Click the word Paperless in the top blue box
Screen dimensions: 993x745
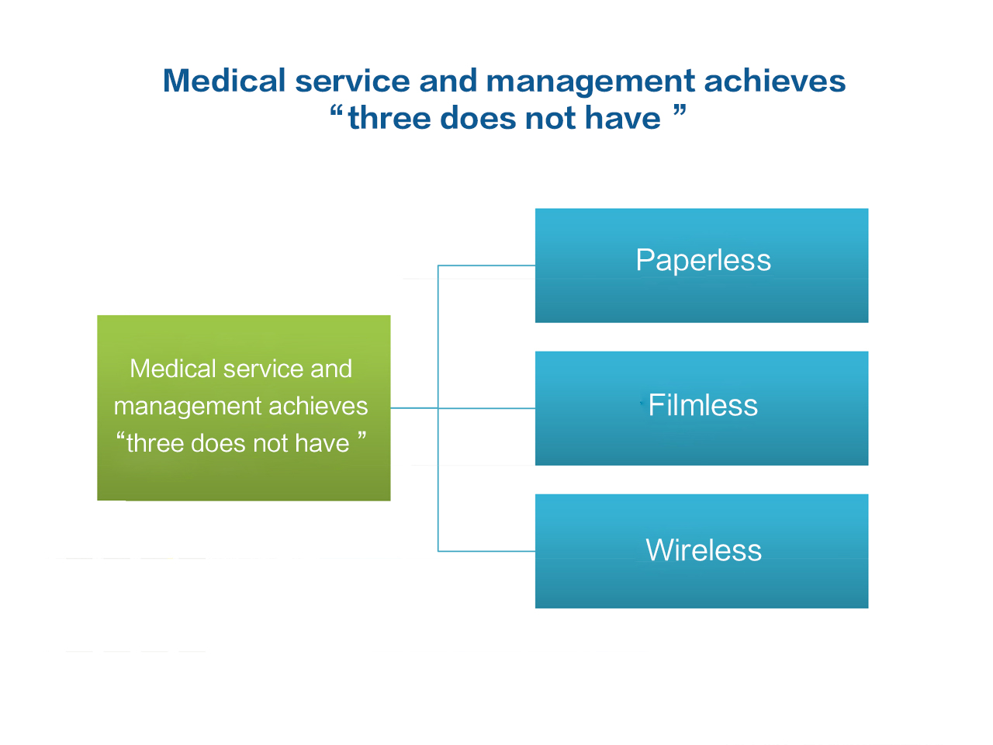click(x=703, y=261)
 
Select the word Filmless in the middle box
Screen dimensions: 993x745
click(x=703, y=404)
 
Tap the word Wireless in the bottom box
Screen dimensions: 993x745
click(x=704, y=550)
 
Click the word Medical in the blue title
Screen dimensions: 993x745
click(x=224, y=81)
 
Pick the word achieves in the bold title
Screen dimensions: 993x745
click(x=775, y=81)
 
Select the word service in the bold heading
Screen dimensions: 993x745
click(x=352, y=81)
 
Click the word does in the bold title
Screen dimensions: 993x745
click(x=478, y=118)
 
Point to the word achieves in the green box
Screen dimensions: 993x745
click(x=318, y=406)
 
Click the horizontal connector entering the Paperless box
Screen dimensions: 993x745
click(x=486, y=265)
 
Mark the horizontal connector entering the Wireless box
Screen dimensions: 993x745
click(x=486, y=551)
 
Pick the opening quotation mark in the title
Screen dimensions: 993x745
click(x=336, y=110)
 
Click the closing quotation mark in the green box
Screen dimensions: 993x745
click(x=362, y=436)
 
